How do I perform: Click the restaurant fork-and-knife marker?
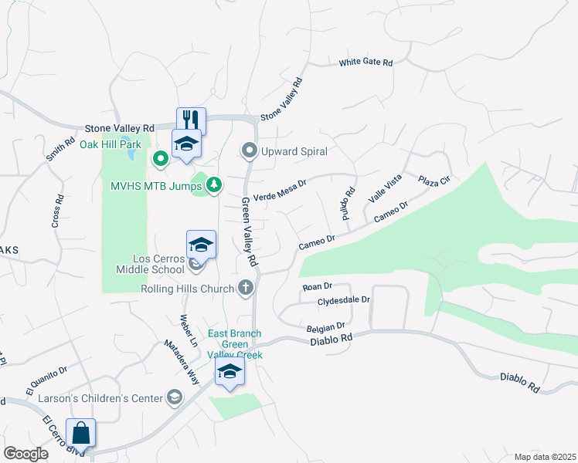click(191, 120)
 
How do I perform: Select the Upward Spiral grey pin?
click(249, 151)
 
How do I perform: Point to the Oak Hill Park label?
click(110, 144)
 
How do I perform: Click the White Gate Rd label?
click(366, 62)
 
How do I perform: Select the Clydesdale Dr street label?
click(345, 299)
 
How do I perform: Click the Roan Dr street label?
click(317, 286)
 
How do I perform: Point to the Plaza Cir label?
click(434, 181)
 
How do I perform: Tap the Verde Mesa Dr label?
click(280, 189)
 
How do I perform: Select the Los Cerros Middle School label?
click(150, 263)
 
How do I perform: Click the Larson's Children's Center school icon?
click(175, 397)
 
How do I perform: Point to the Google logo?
click(26, 454)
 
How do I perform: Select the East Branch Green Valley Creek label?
click(236, 344)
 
